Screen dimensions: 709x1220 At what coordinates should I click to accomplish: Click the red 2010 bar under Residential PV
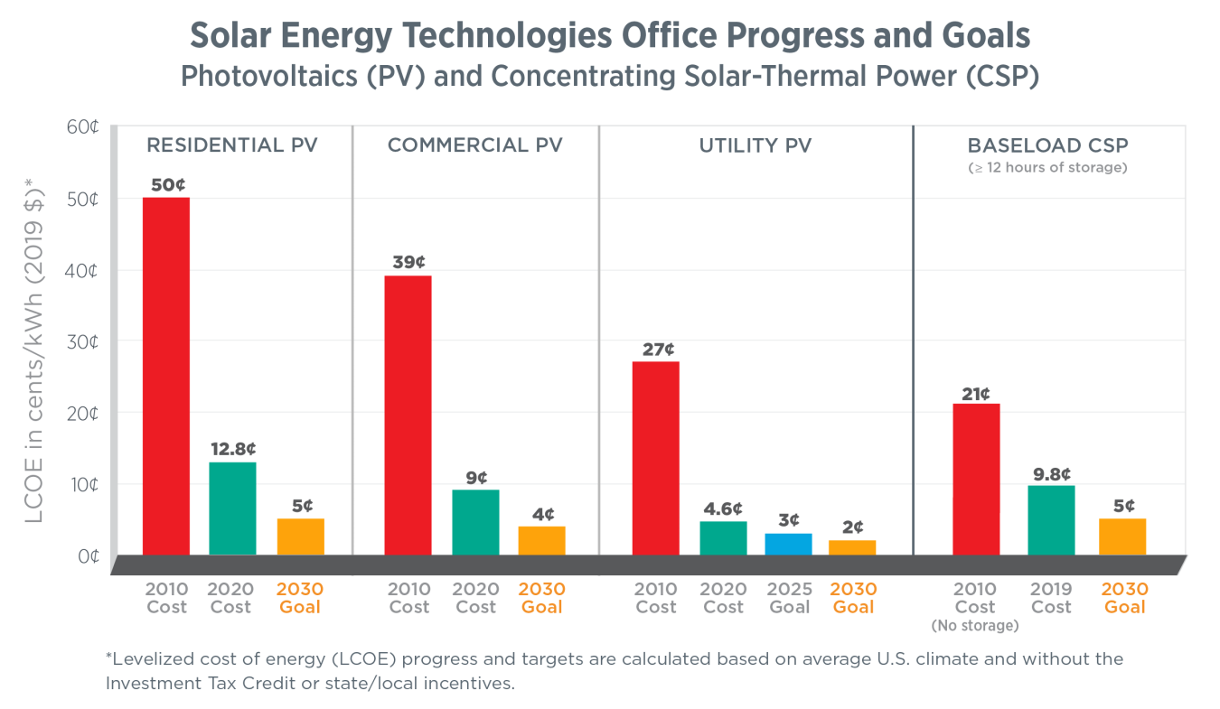pos(166,376)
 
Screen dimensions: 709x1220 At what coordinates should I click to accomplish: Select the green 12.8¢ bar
pos(232,508)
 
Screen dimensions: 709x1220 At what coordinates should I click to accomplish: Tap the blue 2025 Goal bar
pos(789,544)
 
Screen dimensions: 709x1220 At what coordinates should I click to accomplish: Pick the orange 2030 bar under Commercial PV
pos(541,540)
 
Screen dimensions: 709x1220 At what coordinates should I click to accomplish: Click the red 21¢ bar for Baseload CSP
pos(976,479)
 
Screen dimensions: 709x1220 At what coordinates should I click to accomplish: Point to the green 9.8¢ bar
pos(1051,520)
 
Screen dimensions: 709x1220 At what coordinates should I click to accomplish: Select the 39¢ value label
pos(408,262)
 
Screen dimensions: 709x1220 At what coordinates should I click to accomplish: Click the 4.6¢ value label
pos(723,508)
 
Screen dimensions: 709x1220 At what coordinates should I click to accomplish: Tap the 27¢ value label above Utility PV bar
pos(656,349)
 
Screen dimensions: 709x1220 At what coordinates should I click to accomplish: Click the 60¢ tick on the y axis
pos(82,127)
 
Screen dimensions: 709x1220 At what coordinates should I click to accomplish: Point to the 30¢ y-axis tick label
pos(82,342)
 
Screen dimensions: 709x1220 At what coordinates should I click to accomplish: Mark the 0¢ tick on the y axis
pos(87,555)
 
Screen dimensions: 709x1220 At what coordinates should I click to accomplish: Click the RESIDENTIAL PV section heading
pos(232,145)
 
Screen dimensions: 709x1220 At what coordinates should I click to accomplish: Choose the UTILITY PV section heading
pos(755,145)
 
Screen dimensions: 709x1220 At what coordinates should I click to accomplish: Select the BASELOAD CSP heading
pos(1047,145)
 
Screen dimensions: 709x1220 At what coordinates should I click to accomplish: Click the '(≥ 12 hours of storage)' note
pos(1047,167)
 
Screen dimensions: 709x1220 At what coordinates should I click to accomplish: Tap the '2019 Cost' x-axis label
pos(1051,598)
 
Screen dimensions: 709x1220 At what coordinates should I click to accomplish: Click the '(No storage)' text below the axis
pos(975,625)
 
